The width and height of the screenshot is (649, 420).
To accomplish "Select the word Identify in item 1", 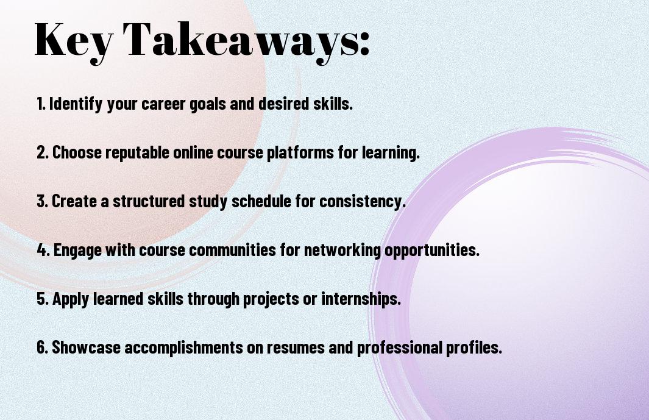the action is point(76,104).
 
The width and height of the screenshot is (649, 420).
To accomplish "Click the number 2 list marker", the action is point(42,152).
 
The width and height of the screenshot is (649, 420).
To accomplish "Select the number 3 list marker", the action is point(42,201).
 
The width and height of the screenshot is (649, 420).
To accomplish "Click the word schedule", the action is point(261,201).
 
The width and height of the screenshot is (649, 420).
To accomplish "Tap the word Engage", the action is point(77,250).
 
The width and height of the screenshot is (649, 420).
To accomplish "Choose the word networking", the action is point(342,250).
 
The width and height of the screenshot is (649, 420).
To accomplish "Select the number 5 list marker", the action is point(42,298).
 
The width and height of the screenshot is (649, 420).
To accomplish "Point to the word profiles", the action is point(473,347).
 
